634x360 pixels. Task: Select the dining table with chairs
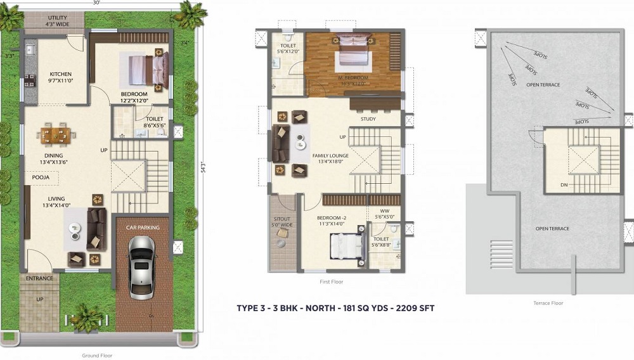(x=55, y=134)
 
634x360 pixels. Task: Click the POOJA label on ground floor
(x=41, y=178)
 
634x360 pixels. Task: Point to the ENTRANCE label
(x=39, y=278)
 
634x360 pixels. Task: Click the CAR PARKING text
(x=142, y=228)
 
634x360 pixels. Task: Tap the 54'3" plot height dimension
(x=203, y=169)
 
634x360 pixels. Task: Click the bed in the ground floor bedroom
(x=150, y=68)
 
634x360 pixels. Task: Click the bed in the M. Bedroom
(x=349, y=50)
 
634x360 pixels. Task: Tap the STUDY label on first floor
(x=368, y=119)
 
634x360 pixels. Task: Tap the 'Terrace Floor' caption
(x=548, y=304)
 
